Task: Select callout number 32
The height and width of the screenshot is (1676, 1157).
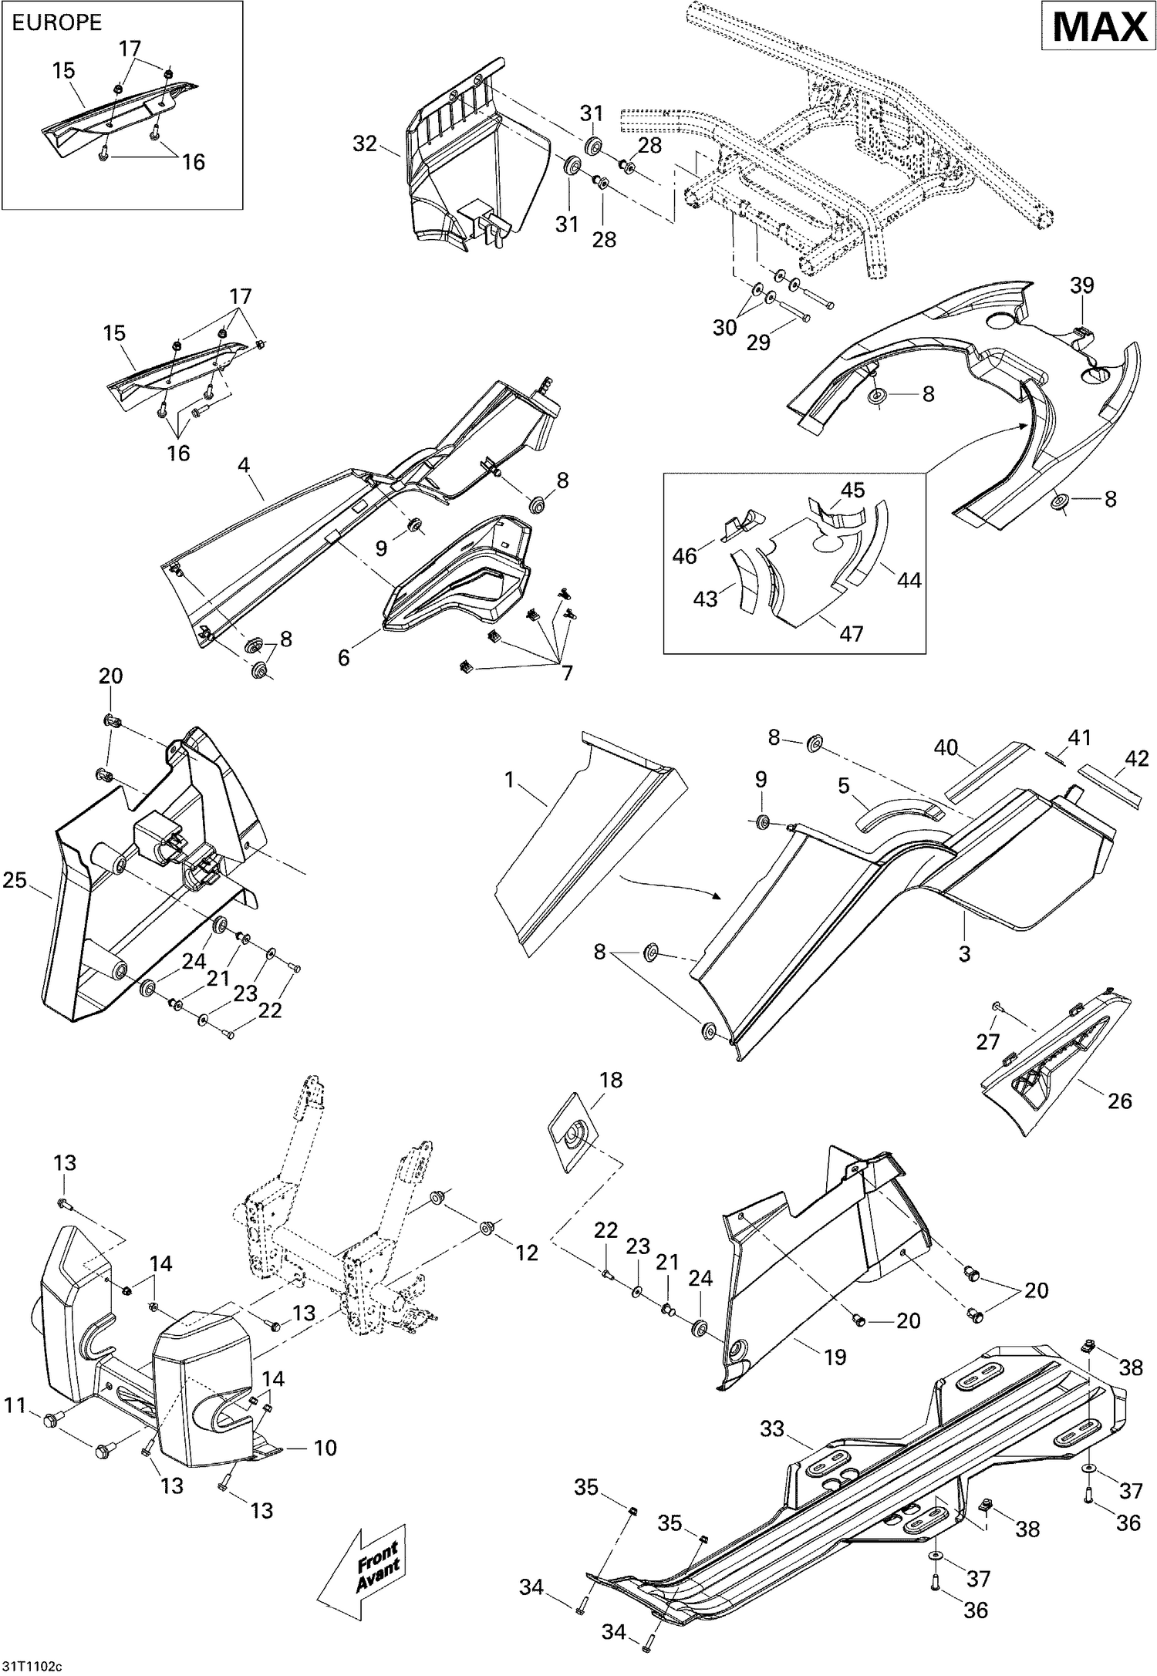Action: point(366,144)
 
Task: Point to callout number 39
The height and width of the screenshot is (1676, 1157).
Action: point(1081,285)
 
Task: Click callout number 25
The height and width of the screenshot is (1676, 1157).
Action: point(15,879)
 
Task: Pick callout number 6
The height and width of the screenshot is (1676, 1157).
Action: point(344,657)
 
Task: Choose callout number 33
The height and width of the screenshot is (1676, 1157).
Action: point(772,1429)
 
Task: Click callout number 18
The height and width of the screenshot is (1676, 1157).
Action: point(611,1080)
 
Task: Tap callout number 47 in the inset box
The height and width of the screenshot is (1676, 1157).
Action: point(851,633)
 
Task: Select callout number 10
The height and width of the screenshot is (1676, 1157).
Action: point(325,1448)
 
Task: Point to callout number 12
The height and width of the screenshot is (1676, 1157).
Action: point(527,1253)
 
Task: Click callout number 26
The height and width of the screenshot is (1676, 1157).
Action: point(1119,1101)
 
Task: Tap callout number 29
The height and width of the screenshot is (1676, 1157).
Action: point(759,342)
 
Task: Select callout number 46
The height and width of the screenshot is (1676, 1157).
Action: point(684,555)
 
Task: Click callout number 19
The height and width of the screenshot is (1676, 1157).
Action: point(835,1356)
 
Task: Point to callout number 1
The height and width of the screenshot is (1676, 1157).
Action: point(509,781)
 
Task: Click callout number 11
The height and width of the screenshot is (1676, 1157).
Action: point(15,1405)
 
